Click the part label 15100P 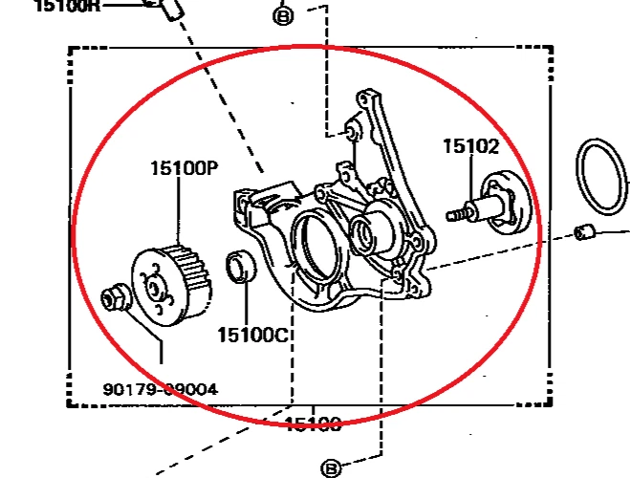click(184, 169)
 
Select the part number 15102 click(470, 146)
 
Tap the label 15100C click(252, 335)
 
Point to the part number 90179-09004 click(160, 389)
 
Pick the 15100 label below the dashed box click(313, 423)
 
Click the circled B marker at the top click(283, 15)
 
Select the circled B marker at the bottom click(332, 467)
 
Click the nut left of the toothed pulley click(115, 297)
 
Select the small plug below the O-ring click(587, 231)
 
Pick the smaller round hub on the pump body click(364, 229)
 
